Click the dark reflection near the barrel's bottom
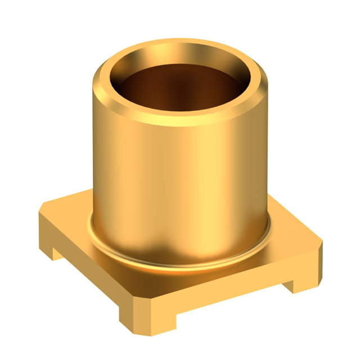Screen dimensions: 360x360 [163, 247]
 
